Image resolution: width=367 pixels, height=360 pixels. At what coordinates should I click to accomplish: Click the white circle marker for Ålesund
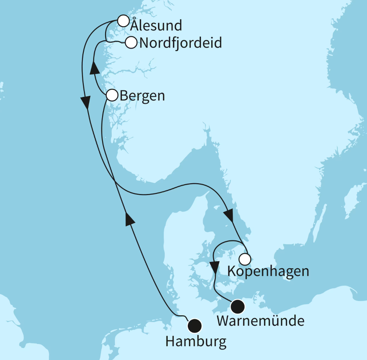click(x=123, y=21)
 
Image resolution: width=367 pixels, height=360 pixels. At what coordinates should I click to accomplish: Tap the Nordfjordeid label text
click(x=180, y=43)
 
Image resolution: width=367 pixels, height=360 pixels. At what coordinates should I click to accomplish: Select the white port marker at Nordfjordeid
click(x=131, y=43)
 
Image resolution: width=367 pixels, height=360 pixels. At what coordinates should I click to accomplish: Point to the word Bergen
click(x=142, y=96)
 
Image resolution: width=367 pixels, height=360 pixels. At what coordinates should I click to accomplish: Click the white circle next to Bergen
click(x=112, y=96)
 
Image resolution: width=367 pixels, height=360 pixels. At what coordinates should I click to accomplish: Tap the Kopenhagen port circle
click(x=244, y=259)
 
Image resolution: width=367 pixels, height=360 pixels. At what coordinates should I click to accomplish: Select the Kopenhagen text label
click(x=268, y=271)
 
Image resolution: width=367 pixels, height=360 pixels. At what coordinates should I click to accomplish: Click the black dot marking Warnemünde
click(x=237, y=307)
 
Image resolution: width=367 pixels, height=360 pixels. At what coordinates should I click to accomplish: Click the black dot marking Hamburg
click(x=194, y=326)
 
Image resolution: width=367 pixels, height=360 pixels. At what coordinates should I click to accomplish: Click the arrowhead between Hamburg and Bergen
click(x=129, y=219)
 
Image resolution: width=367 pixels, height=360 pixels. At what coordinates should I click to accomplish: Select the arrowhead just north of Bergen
click(x=95, y=68)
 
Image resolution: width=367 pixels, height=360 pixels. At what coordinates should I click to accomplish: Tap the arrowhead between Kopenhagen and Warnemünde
click(x=214, y=267)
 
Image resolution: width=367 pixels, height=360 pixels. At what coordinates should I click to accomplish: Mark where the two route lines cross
click(x=114, y=183)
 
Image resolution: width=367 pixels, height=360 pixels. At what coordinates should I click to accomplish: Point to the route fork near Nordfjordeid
click(x=106, y=40)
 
